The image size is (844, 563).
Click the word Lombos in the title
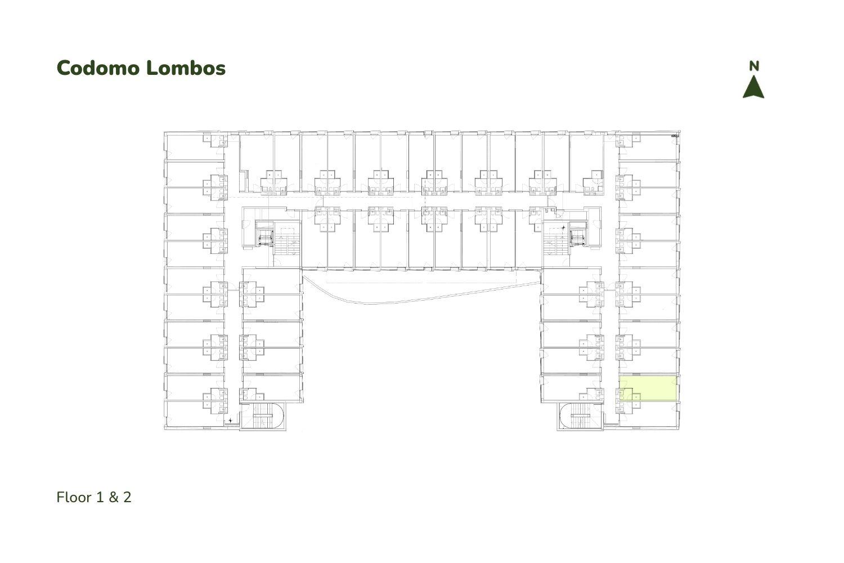(x=186, y=68)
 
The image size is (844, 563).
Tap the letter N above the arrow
(x=753, y=66)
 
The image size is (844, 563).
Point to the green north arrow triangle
(x=753, y=87)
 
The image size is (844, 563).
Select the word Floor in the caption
(x=74, y=497)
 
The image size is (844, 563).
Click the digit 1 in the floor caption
(x=100, y=497)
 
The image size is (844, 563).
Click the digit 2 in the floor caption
(x=127, y=497)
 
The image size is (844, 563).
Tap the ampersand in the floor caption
(x=114, y=497)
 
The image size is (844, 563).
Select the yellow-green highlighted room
(x=649, y=388)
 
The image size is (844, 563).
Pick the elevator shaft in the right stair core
(x=578, y=238)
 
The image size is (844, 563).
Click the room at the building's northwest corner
(x=194, y=146)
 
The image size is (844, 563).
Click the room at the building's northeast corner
(x=648, y=146)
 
